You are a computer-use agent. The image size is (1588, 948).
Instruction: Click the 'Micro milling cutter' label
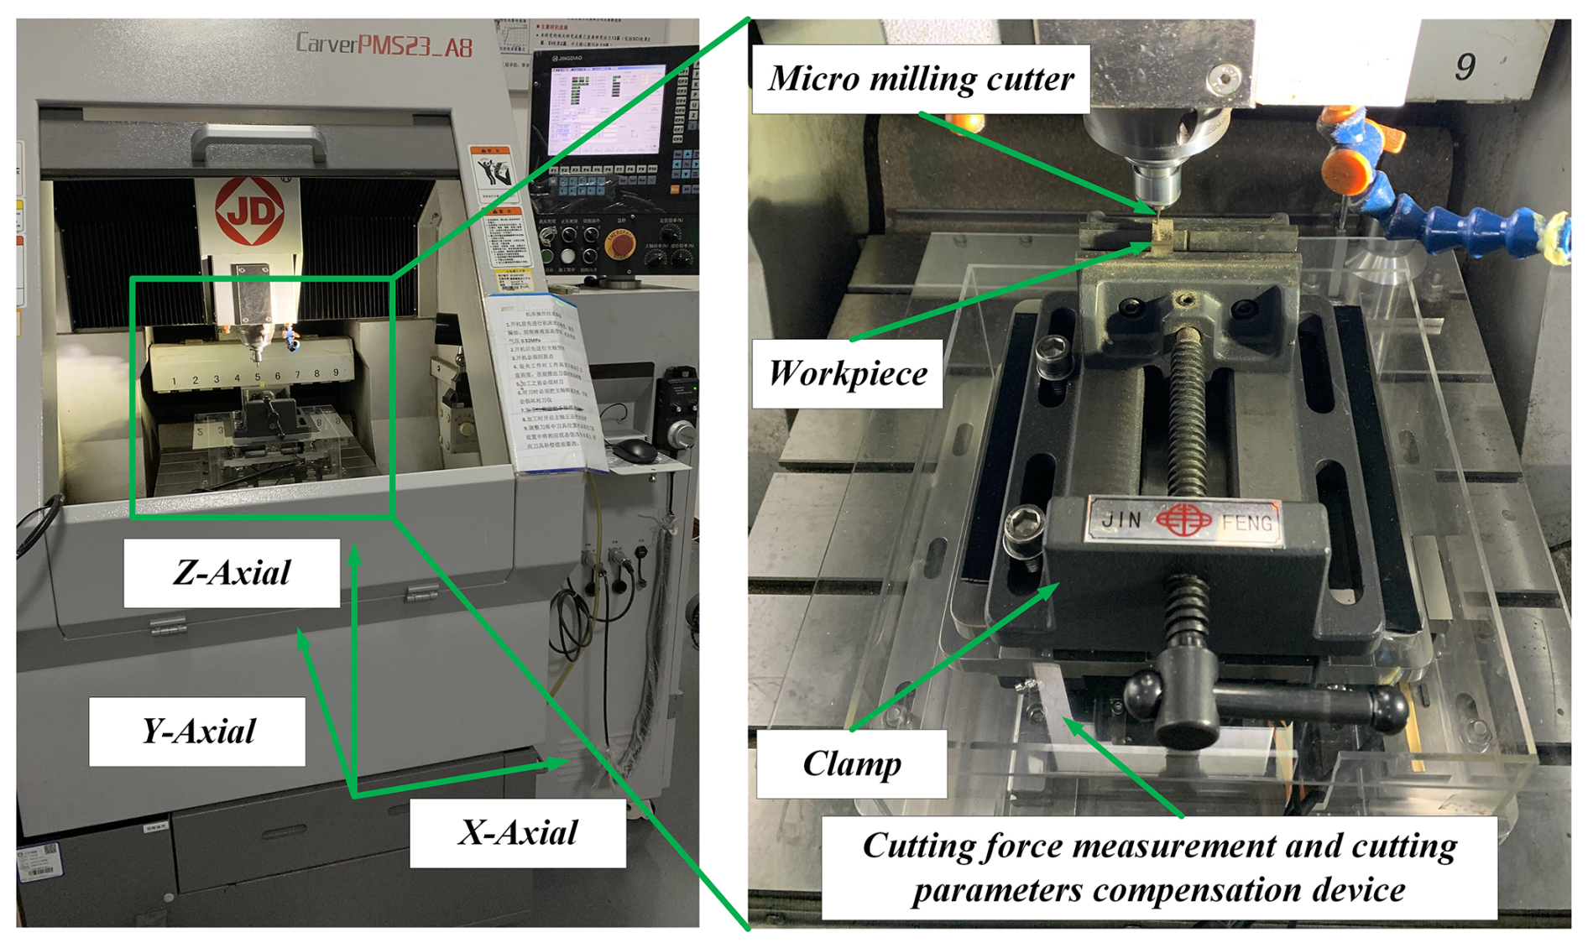[x=921, y=79]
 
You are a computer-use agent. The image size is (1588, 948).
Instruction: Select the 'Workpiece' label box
[x=847, y=373]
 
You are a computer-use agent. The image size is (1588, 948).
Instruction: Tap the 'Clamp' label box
[x=851, y=763]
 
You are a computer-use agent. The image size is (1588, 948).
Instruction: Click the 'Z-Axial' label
[x=232, y=573]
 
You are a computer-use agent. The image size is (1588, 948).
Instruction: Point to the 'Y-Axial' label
[x=197, y=732]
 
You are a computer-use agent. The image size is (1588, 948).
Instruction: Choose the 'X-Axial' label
[x=517, y=833]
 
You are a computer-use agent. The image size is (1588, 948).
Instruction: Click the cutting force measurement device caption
[x=1159, y=868]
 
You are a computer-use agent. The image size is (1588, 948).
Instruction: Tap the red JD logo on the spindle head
[x=249, y=211]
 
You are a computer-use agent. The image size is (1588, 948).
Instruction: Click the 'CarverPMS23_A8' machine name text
[x=384, y=45]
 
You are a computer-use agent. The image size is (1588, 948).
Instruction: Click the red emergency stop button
[x=619, y=243]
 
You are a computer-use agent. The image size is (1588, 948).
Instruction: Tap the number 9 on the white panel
[x=1465, y=66]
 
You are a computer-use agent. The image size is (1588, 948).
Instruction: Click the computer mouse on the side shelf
[x=634, y=451]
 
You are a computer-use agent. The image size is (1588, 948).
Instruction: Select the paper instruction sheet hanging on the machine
[x=546, y=382]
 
